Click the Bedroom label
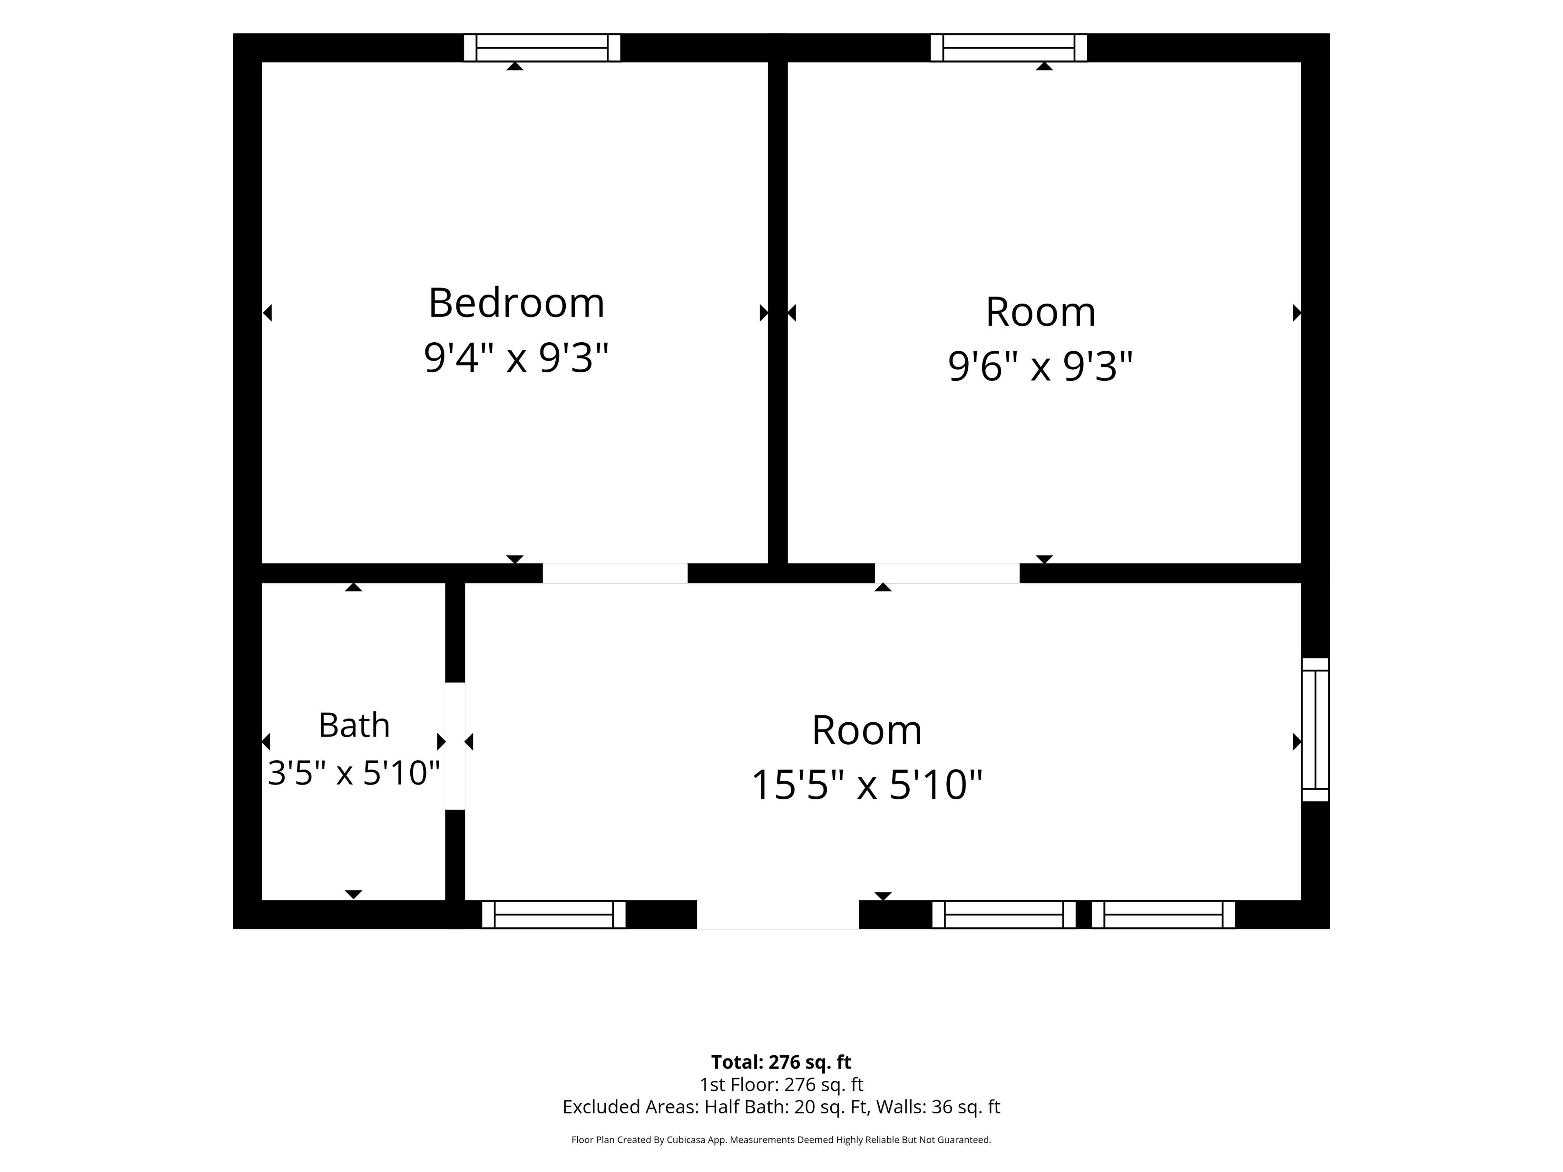[517, 303]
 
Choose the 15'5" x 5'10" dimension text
[867, 785]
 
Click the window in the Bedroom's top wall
[542, 48]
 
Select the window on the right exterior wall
[1315, 730]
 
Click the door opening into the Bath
[455, 746]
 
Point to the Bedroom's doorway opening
[615, 573]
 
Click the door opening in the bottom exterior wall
[778, 914]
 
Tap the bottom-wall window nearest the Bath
[554, 914]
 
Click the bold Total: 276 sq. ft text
[781, 1062]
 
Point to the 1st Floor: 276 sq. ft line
[781, 1085]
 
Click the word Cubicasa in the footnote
[687, 1139]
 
